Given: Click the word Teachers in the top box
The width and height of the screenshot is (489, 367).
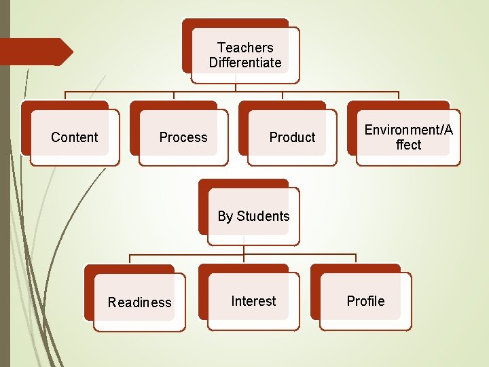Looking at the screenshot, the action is tap(245, 48).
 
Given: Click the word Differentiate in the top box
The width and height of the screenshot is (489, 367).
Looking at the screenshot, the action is tap(245, 63).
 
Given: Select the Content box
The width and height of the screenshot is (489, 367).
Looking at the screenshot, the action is tap(75, 137).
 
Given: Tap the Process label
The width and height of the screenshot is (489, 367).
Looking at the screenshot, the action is tap(183, 137).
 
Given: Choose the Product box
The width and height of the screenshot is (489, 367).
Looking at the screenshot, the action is tap(292, 137).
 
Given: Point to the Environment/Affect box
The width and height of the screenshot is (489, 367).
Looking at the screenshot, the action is tap(408, 137).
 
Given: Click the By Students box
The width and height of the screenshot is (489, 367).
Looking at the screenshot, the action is tap(253, 216).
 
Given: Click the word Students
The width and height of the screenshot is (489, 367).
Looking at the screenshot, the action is tap(263, 216).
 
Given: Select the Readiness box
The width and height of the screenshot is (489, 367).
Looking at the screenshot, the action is tap(139, 302).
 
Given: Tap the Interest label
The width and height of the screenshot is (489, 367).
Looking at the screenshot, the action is tap(253, 301).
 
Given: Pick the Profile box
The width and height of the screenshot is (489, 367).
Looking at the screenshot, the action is tap(365, 301).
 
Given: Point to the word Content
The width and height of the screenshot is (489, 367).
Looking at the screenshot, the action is tap(75, 137).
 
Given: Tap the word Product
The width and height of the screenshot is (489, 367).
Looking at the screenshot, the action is tap(292, 137).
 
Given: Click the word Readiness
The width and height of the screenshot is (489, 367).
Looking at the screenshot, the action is tap(139, 302).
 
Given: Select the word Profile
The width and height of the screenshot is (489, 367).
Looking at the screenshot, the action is tap(365, 301).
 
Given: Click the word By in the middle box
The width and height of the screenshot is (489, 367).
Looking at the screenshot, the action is tap(225, 216).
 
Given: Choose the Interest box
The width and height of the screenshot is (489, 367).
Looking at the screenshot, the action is tap(253, 301).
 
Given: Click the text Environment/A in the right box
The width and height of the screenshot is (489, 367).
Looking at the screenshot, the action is tap(408, 130).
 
